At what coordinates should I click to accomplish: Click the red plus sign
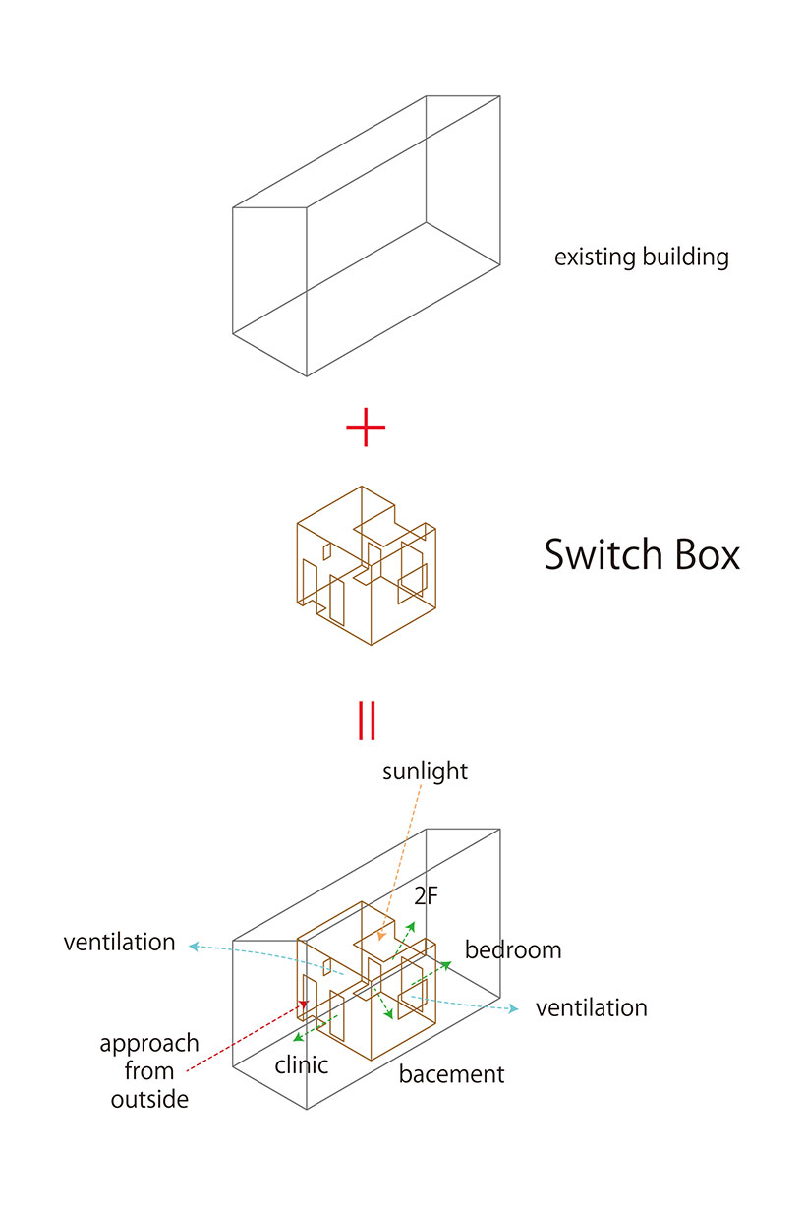click(x=366, y=428)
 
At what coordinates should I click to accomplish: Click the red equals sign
click(x=366, y=718)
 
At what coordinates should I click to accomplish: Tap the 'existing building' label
click(x=641, y=258)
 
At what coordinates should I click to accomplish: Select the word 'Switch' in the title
click(x=599, y=555)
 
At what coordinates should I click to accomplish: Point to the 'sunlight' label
click(x=425, y=772)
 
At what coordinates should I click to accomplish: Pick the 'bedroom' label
click(x=513, y=950)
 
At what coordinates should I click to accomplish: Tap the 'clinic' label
click(x=301, y=1063)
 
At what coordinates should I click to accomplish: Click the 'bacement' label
click(x=451, y=1074)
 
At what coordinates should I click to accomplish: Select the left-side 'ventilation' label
click(x=119, y=943)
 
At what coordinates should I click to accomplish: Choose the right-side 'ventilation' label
click(x=591, y=1007)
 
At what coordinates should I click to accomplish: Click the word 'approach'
click(x=149, y=1043)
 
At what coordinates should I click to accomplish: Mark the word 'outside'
click(x=149, y=1099)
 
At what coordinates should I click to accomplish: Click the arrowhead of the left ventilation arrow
click(x=194, y=947)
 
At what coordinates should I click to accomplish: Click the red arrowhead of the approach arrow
click(x=304, y=1005)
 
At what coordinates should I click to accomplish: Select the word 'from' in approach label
click(x=149, y=1071)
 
